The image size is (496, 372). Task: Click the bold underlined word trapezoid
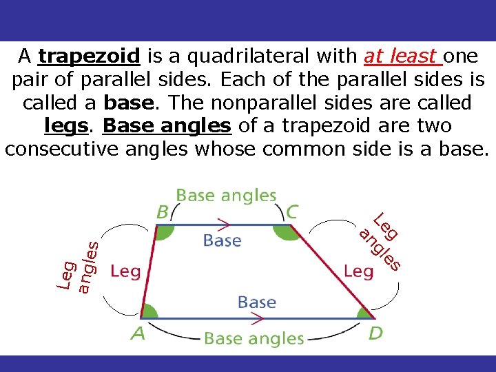click(x=90, y=56)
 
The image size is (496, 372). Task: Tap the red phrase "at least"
click(x=402, y=56)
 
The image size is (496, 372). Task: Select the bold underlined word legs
click(x=68, y=126)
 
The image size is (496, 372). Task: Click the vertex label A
click(x=138, y=334)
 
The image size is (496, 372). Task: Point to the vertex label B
click(x=163, y=211)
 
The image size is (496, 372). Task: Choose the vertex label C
click(x=292, y=211)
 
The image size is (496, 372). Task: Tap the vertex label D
click(x=375, y=334)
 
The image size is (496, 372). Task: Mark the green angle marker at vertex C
click(x=284, y=231)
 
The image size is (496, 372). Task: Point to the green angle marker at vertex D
click(x=364, y=313)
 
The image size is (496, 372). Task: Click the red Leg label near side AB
click(x=125, y=271)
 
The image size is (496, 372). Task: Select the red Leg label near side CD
click(x=358, y=271)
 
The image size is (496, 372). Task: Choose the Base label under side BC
click(x=222, y=241)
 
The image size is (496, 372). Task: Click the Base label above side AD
click(x=256, y=302)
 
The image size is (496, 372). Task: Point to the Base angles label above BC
click(x=226, y=196)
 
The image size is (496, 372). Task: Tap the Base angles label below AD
click(x=254, y=338)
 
